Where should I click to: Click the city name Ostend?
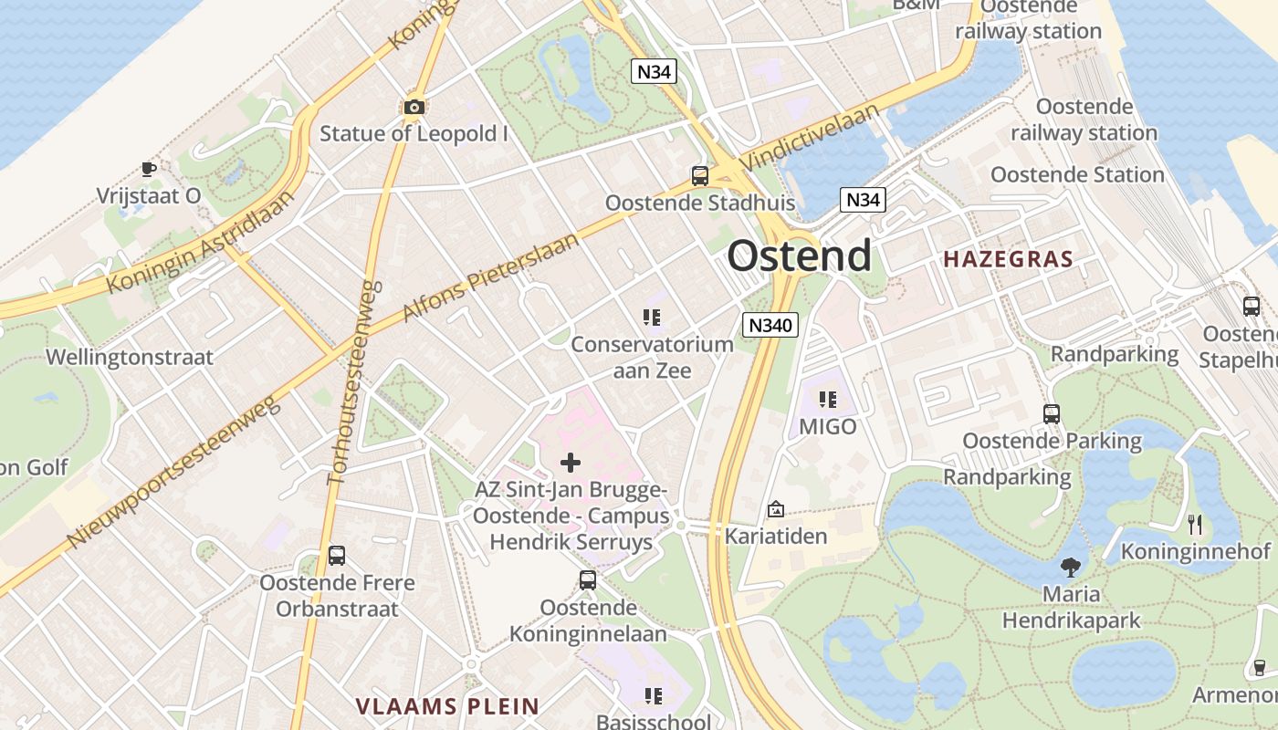pyautogui.click(x=799, y=256)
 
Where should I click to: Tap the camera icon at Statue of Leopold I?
pyautogui.click(x=414, y=108)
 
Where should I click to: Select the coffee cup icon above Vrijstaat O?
pyautogui.click(x=148, y=169)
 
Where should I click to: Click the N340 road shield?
pyautogui.click(x=771, y=324)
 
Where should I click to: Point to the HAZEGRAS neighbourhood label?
pyautogui.click(x=1008, y=259)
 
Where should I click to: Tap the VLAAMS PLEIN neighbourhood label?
pyautogui.click(x=447, y=705)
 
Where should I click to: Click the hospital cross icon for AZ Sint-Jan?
pyautogui.click(x=571, y=463)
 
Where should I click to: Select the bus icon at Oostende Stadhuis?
pyautogui.click(x=700, y=176)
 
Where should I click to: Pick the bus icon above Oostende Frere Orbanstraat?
pyautogui.click(x=337, y=555)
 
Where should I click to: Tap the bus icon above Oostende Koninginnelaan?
pyautogui.click(x=588, y=579)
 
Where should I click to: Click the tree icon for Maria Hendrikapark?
pyautogui.click(x=1070, y=568)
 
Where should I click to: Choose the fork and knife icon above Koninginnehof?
pyautogui.click(x=1195, y=525)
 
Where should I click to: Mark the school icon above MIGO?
pyautogui.click(x=828, y=400)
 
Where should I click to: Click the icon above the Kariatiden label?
pyautogui.click(x=776, y=509)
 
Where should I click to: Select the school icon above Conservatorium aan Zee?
pyautogui.click(x=651, y=318)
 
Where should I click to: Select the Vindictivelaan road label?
pyautogui.click(x=811, y=137)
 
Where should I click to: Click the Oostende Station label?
pyautogui.click(x=1077, y=174)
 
